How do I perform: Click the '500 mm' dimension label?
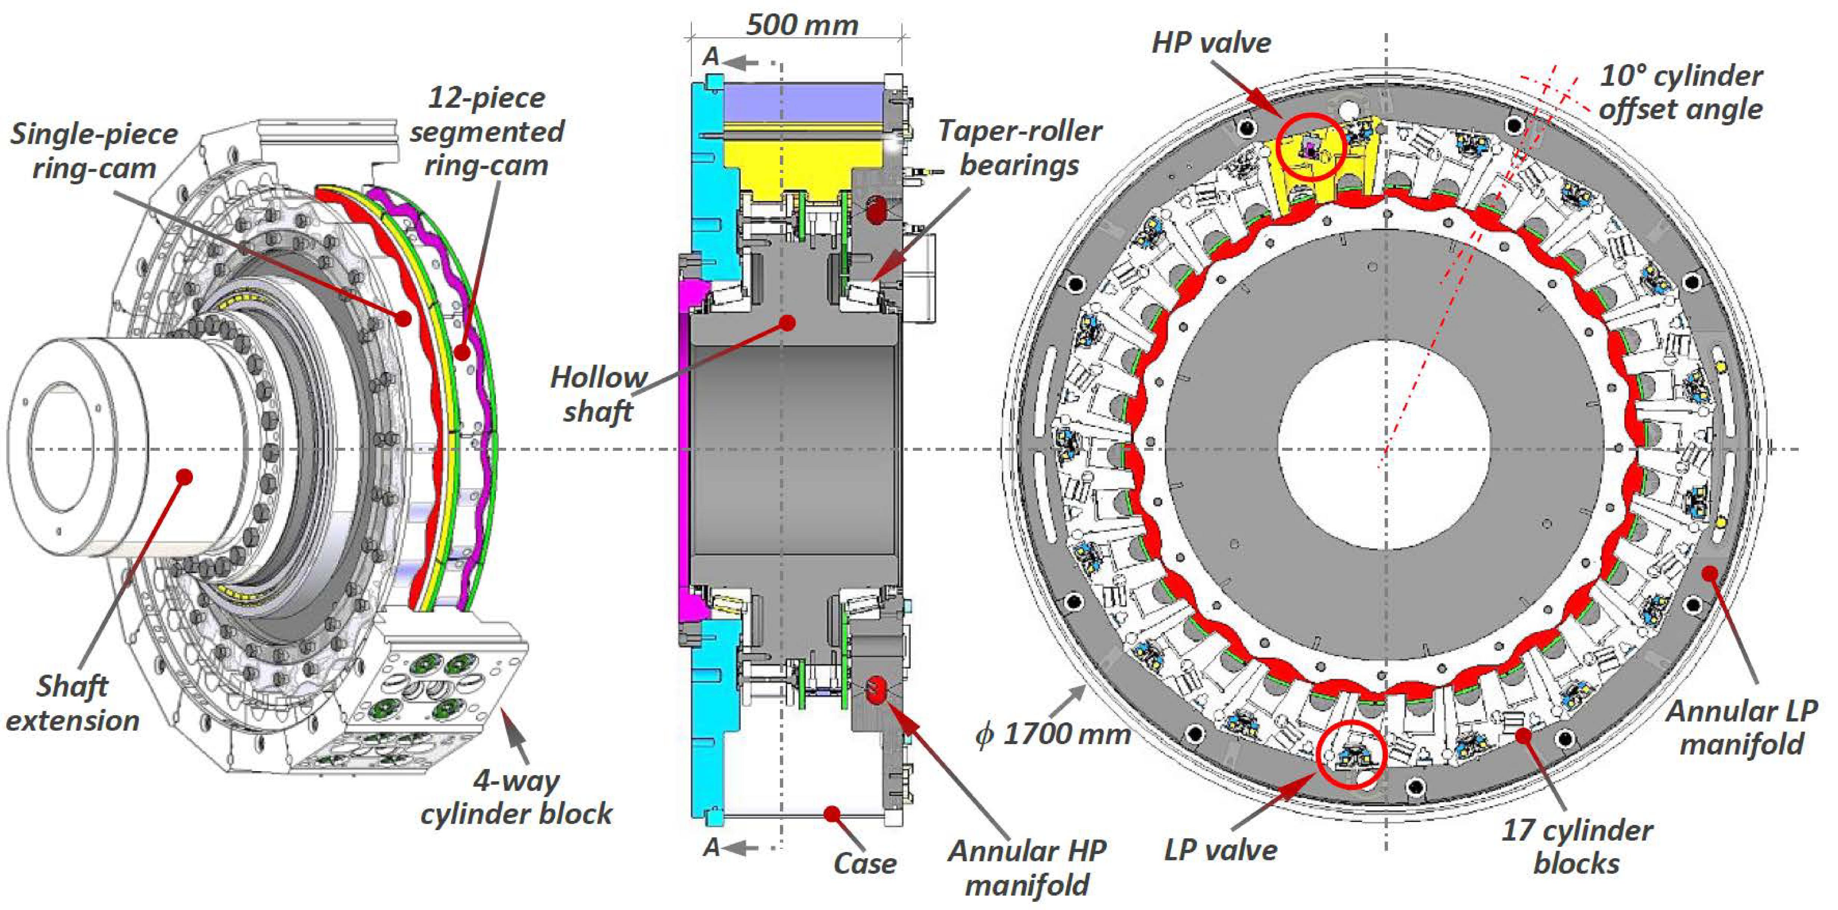(x=802, y=26)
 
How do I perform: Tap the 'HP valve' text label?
(x=1211, y=43)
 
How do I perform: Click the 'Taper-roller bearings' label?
(x=1019, y=148)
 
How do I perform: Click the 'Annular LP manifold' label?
(x=1742, y=728)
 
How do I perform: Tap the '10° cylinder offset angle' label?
(x=1680, y=93)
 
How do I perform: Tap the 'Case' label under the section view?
(x=865, y=864)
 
